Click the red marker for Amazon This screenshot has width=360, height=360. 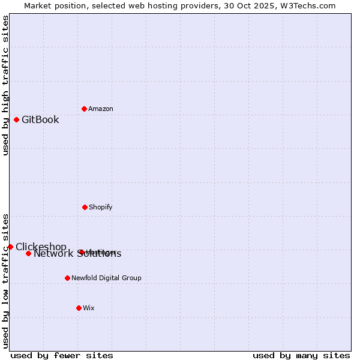[x=84, y=109]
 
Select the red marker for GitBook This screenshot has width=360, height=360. [x=16, y=119]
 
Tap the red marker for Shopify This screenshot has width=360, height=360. [x=85, y=207]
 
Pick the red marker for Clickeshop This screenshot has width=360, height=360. [x=10, y=247]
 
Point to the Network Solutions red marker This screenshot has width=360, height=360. [x=28, y=253]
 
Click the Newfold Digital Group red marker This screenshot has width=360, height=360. [x=67, y=278]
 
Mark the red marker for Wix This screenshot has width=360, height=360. [x=79, y=308]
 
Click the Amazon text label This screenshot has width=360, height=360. [x=101, y=109]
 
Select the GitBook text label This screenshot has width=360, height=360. [x=40, y=119]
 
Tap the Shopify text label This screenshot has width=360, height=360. [x=101, y=207]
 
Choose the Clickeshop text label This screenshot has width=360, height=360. [x=41, y=247]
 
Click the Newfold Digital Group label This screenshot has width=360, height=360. [x=107, y=278]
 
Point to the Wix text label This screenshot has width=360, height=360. [x=89, y=308]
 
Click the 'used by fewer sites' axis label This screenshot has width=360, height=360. [x=62, y=355]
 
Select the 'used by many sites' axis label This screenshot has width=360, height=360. [x=301, y=355]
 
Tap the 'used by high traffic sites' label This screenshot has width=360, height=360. [x=5, y=85]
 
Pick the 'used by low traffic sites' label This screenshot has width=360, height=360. [x=5, y=280]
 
